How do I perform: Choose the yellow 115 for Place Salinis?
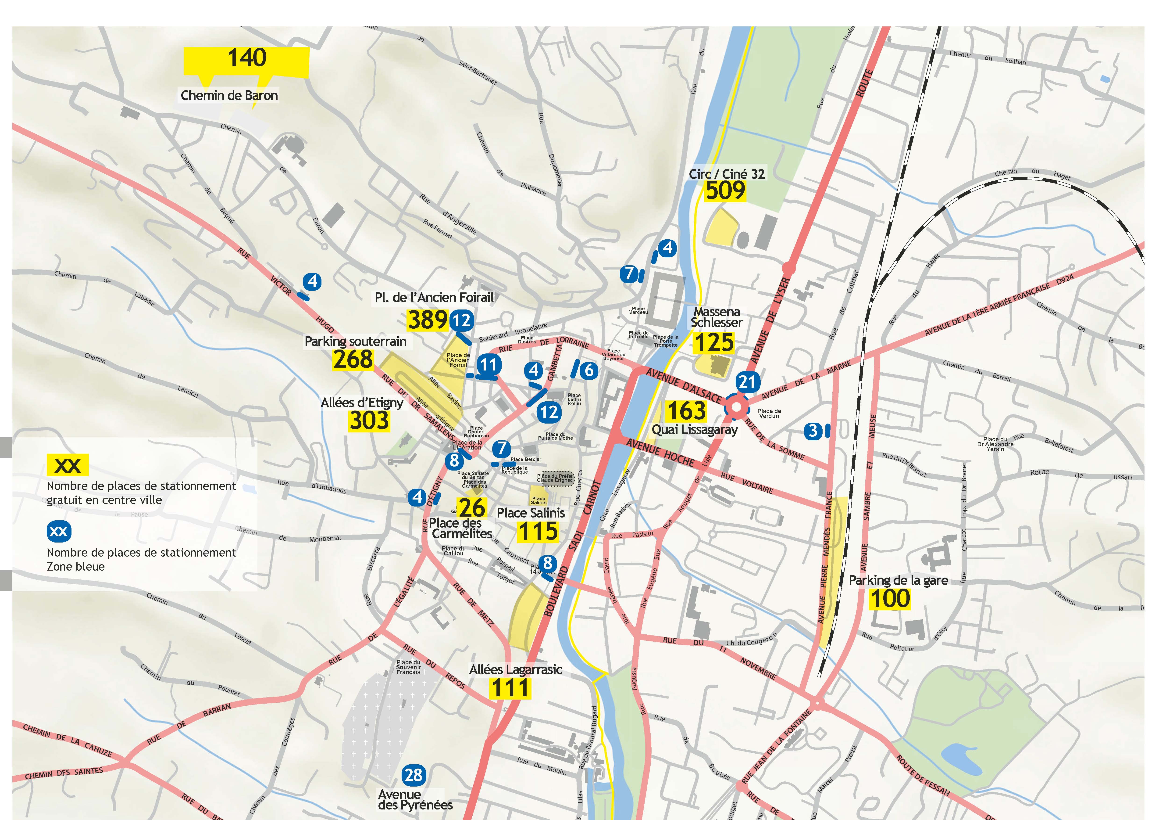point(538,532)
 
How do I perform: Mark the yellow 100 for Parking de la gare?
point(891,599)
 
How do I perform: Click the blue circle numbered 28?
point(414,775)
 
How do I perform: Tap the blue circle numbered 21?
point(747,382)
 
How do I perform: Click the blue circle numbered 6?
point(588,371)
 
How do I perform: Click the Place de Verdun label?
point(769,413)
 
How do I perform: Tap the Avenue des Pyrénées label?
point(415,800)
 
